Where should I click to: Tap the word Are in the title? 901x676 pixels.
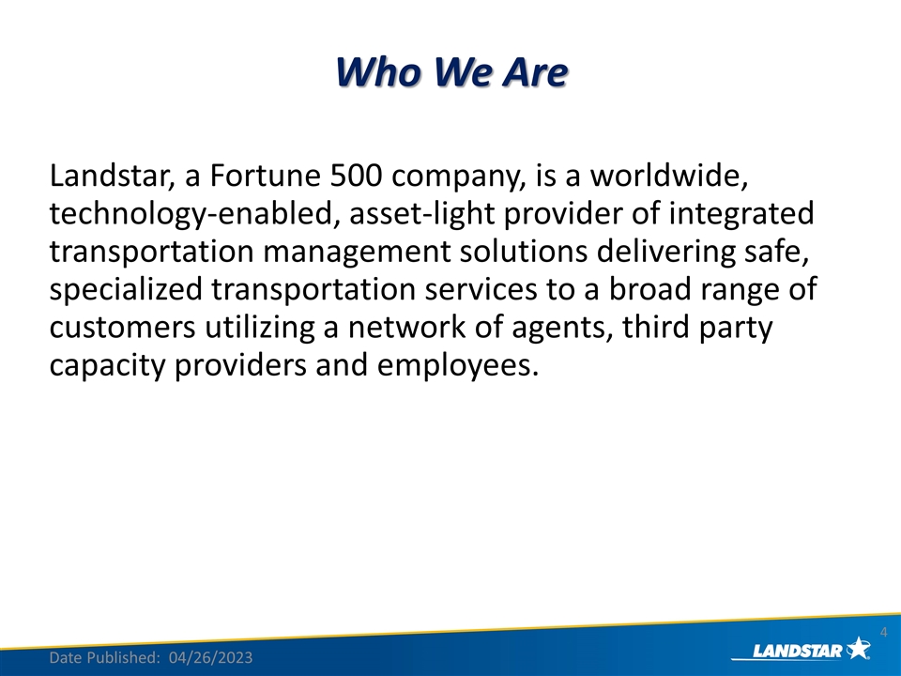[534, 72]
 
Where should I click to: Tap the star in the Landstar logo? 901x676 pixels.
[858, 647]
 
